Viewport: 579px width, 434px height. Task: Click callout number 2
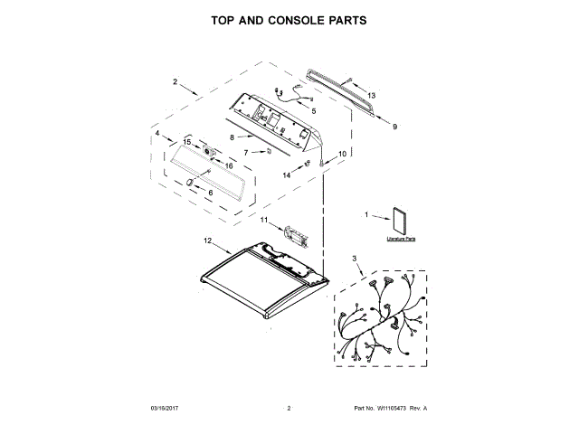(175, 82)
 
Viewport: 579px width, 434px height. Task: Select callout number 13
(371, 95)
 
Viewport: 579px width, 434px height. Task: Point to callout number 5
(313, 110)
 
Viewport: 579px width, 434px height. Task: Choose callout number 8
(232, 137)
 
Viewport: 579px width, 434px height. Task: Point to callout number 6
(211, 192)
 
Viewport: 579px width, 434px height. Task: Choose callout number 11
(265, 220)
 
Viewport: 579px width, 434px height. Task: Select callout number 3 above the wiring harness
(355, 259)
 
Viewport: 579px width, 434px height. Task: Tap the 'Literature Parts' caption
(401, 239)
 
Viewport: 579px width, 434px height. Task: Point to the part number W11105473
(393, 409)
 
